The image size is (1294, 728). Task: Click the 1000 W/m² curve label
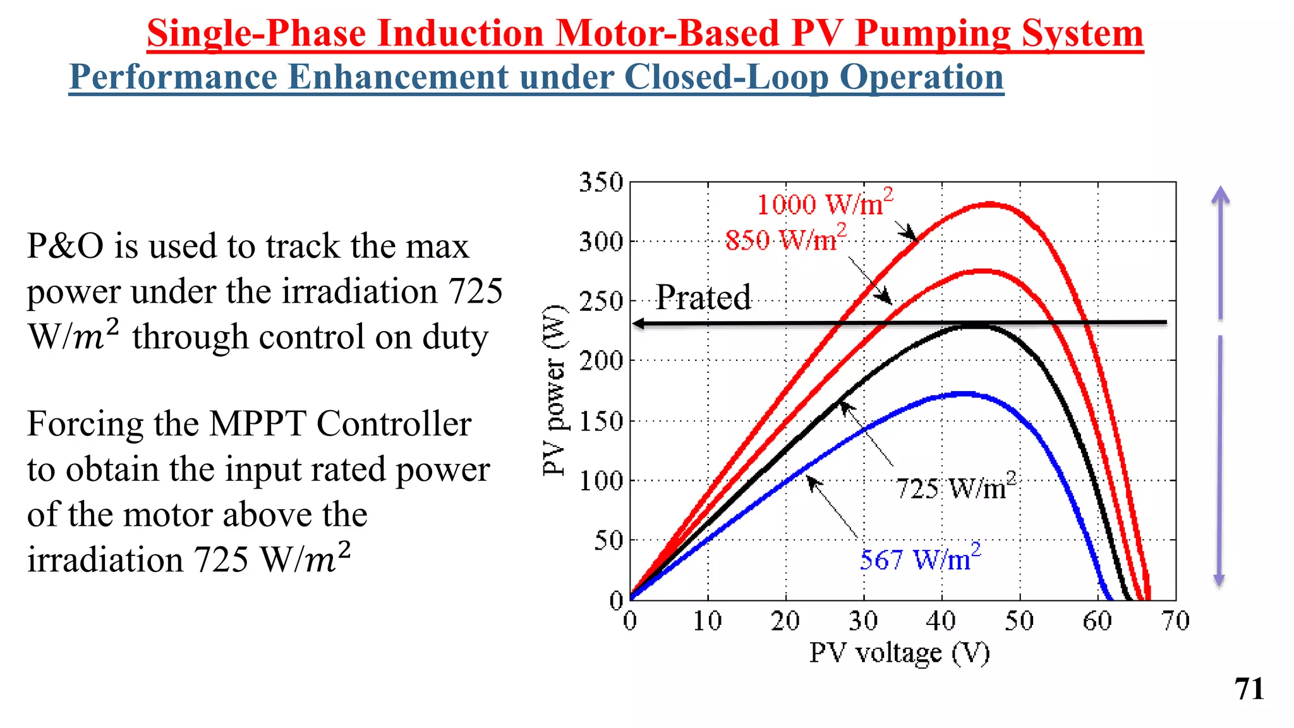[x=825, y=203]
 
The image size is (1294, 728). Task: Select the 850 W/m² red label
[x=785, y=240]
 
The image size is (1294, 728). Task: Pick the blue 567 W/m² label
[x=920, y=559]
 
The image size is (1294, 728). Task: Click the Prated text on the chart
[x=703, y=297]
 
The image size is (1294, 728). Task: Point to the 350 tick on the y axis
[x=601, y=182]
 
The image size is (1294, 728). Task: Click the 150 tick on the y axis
[x=601, y=421]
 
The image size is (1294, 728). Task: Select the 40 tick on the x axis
[x=941, y=621]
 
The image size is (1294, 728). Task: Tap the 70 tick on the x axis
[x=1175, y=621]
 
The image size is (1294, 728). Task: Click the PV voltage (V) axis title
[x=899, y=653]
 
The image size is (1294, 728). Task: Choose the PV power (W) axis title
[x=554, y=390]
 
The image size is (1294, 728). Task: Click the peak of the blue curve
[x=961, y=393]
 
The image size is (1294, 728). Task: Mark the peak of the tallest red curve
[x=989, y=204]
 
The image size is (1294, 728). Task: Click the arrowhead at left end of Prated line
[x=638, y=324]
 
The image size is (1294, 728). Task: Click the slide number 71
[x=1249, y=689]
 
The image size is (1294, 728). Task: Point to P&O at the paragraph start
[x=65, y=246]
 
